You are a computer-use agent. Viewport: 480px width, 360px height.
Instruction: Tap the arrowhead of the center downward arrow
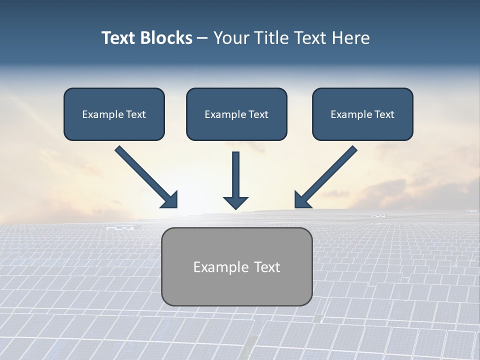235,202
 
